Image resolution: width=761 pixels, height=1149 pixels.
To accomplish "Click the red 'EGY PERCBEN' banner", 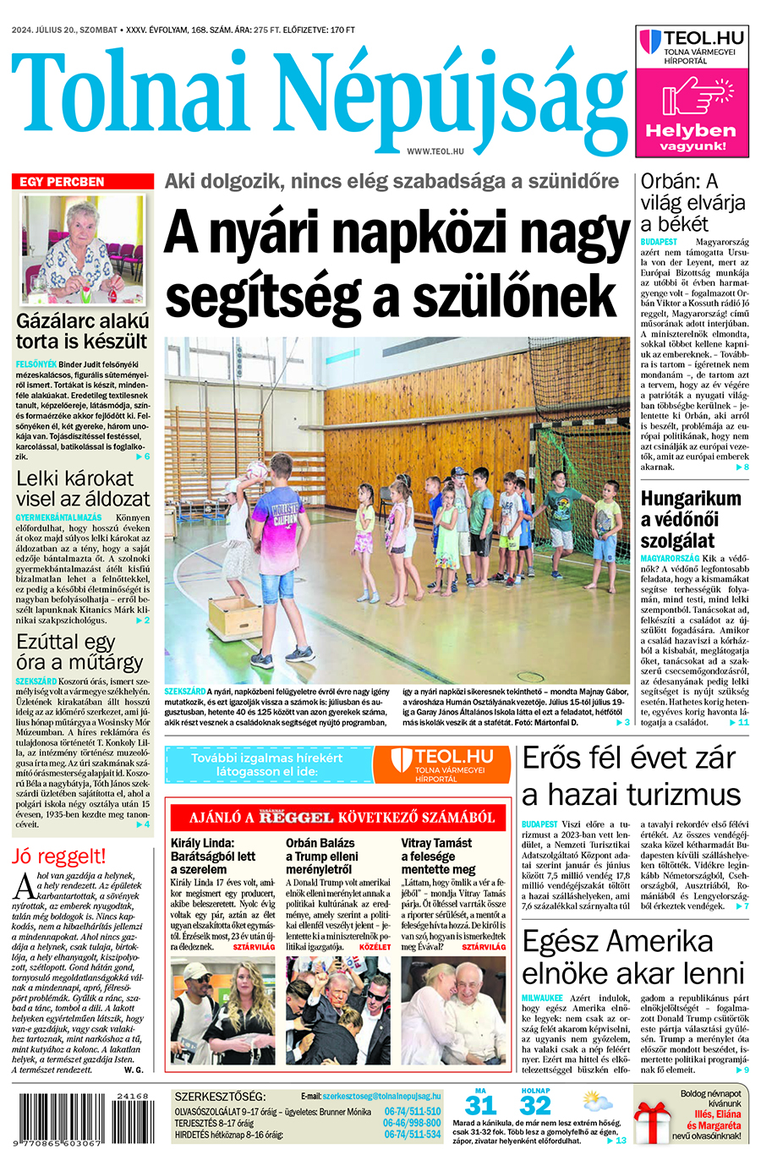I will click(83, 182).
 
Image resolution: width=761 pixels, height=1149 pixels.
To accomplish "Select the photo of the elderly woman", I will click(83, 249).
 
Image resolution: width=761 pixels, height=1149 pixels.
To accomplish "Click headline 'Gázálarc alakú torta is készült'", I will click(83, 331).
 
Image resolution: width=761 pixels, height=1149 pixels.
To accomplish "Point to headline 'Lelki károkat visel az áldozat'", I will click(83, 489).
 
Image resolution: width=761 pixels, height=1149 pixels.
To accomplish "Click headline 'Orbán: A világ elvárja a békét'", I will click(692, 203).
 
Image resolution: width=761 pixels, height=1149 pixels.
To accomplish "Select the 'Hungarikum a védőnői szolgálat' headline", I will click(690, 519).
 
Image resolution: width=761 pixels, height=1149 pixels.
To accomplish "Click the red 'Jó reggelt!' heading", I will click(59, 856).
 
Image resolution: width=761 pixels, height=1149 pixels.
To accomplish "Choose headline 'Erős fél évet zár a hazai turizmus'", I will click(631, 776).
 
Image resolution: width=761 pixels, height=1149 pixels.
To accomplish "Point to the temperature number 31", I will click(480, 1106).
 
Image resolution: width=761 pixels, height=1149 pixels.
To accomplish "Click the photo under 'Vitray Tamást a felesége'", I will click(453, 1010).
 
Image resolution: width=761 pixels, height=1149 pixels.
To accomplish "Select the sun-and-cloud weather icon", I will click(597, 1103).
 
